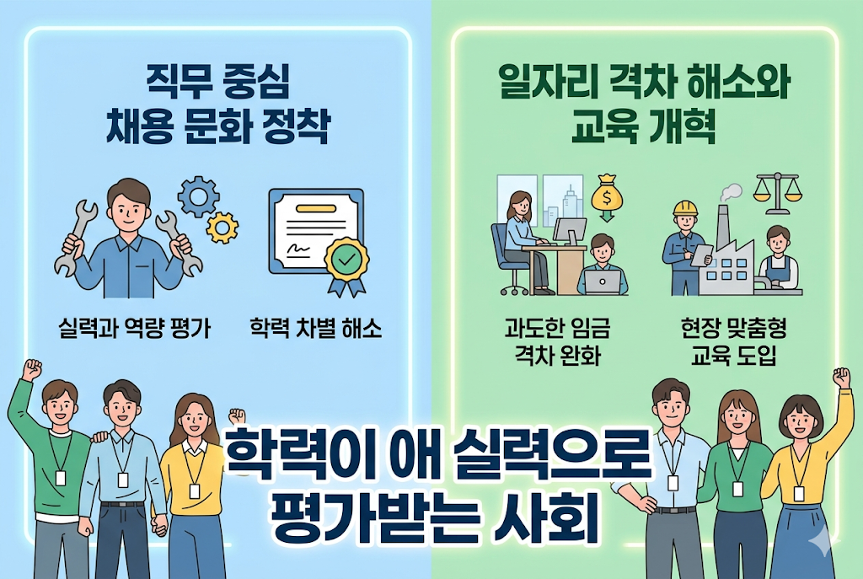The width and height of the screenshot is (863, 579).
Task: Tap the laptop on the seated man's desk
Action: (x=603, y=281)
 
